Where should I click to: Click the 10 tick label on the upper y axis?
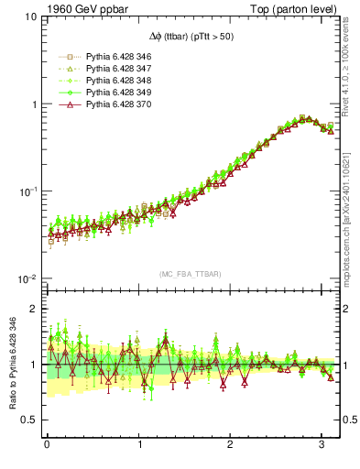point(29,16)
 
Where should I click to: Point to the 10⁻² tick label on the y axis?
point(27,278)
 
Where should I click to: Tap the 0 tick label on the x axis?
point(47,446)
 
